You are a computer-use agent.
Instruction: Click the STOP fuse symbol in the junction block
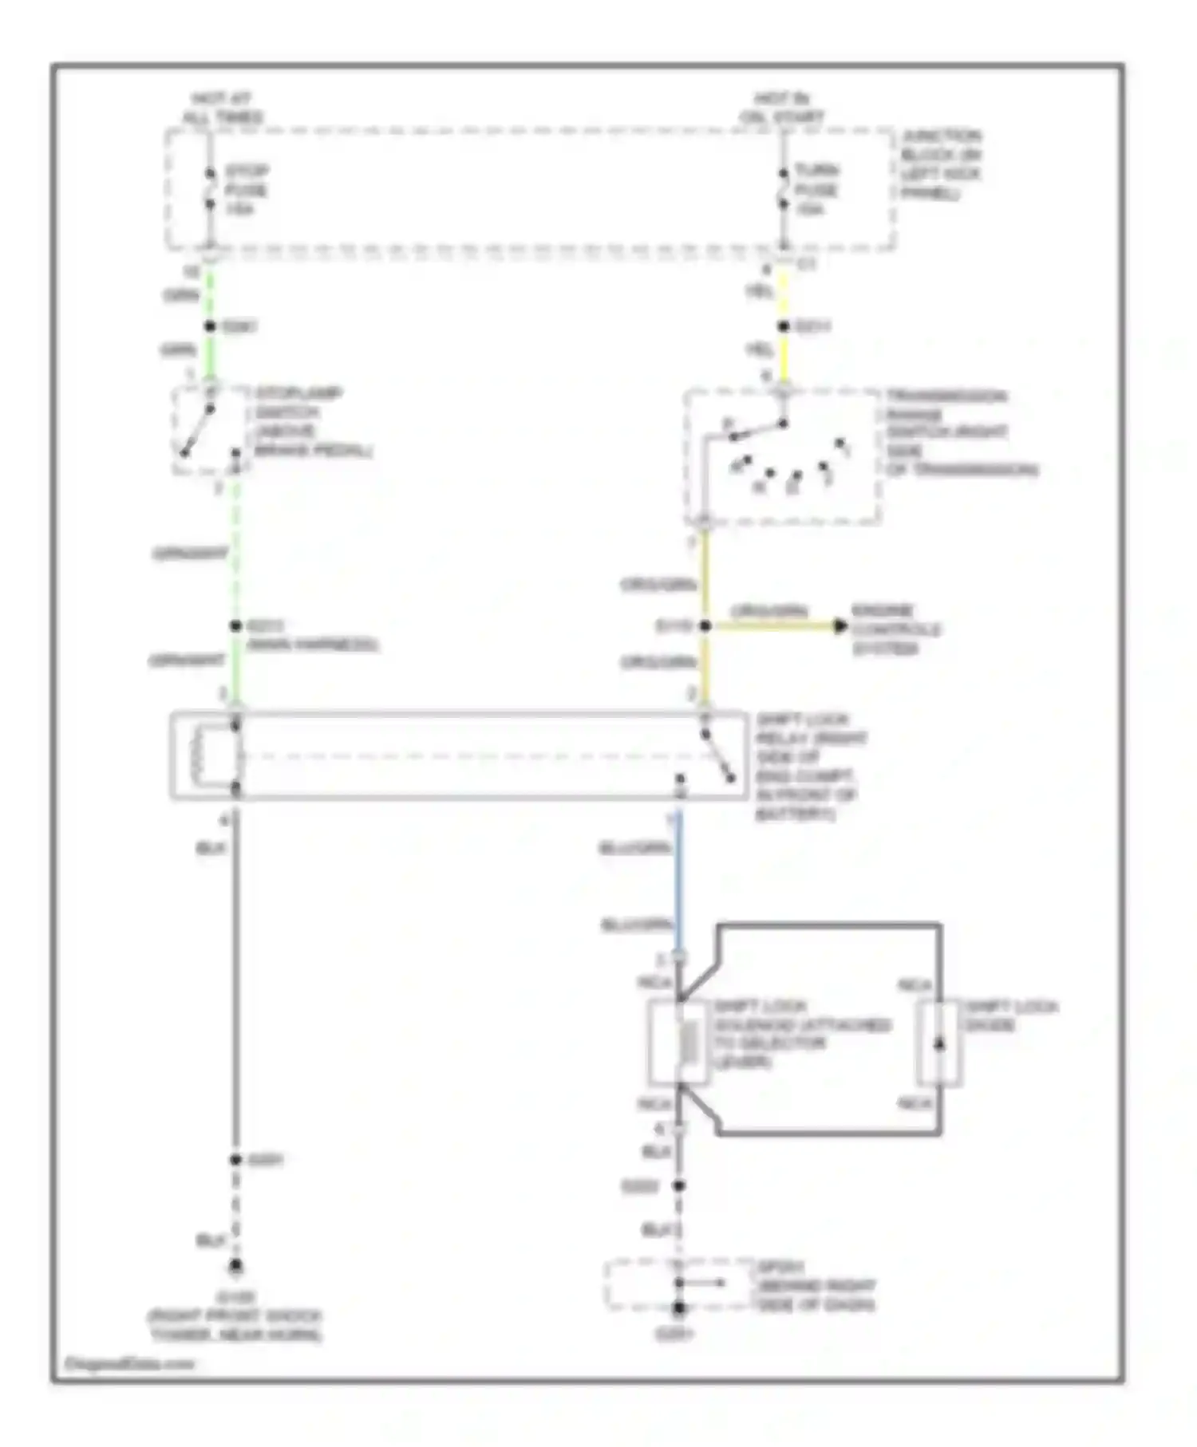coord(210,189)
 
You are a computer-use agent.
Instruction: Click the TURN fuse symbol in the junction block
coord(784,189)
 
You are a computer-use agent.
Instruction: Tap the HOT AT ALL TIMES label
coord(222,108)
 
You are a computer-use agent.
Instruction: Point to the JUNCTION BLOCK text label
coord(941,164)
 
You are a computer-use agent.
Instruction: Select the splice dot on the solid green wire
coord(210,326)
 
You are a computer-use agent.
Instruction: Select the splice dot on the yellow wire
coord(784,326)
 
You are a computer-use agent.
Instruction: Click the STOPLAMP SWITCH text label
coord(311,422)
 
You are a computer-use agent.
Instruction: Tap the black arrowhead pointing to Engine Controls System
coord(839,626)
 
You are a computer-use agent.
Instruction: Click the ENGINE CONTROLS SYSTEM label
coord(895,629)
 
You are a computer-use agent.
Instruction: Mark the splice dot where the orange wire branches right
coord(705,626)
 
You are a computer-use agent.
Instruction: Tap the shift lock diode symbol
coord(939,1043)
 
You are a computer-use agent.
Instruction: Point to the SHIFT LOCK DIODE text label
coord(1010,1015)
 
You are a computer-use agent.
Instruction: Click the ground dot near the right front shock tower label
coord(235,1267)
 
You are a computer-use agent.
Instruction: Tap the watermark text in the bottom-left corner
coord(130,1363)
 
